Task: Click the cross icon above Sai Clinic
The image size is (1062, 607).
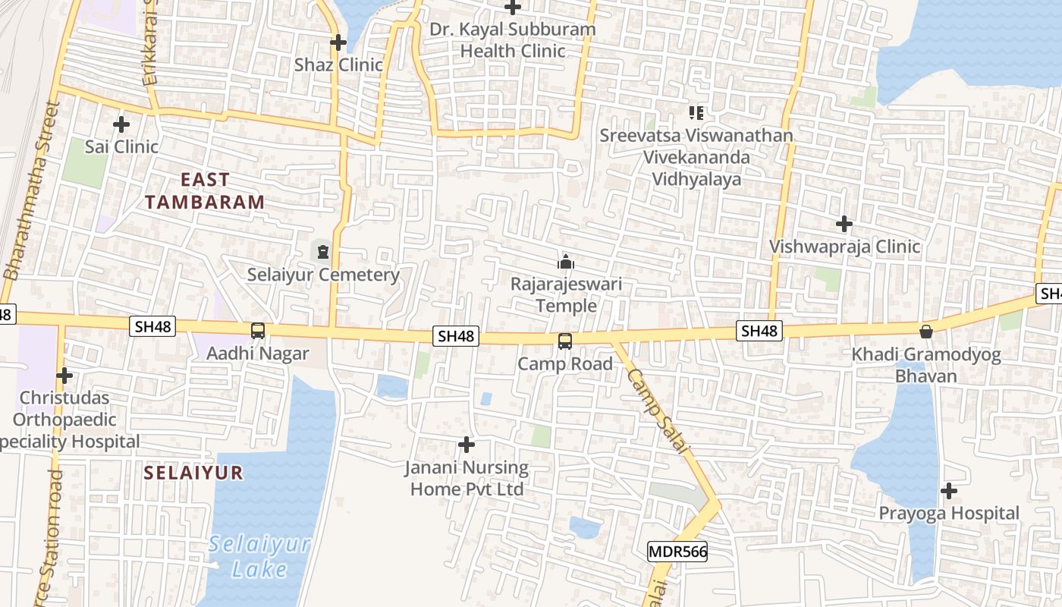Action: (x=121, y=124)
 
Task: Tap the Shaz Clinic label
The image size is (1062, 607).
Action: (x=338, y=64)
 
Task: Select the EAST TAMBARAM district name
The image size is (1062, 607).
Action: (x=205, y=191)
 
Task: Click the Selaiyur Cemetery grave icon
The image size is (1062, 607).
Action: (x=323, y=251)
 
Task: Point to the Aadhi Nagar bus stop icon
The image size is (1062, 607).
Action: (x=258, y=331)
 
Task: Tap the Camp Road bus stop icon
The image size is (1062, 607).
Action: (x=565, y=341)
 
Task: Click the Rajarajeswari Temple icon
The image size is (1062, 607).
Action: (x=565, y=263)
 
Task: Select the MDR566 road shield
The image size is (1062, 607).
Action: (x=677, y=552)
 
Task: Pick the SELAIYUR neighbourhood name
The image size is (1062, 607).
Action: (x=193, y=473)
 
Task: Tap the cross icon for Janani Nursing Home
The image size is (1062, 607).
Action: (x=467, y=444)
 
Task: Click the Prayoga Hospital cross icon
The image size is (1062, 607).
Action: (x=948, y=491)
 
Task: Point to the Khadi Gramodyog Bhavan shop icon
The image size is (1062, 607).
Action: (x=925, y=331)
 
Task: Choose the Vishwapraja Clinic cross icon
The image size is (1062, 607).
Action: (x=844, y=224)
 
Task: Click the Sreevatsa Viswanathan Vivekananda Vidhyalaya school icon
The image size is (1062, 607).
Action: (x=696, y=113)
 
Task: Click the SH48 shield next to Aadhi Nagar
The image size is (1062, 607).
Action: (x=153, y=326)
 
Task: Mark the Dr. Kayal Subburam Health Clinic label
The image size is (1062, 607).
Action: (x=513, y=40)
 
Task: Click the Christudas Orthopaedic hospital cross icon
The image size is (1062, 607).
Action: (x=64, y=375)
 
